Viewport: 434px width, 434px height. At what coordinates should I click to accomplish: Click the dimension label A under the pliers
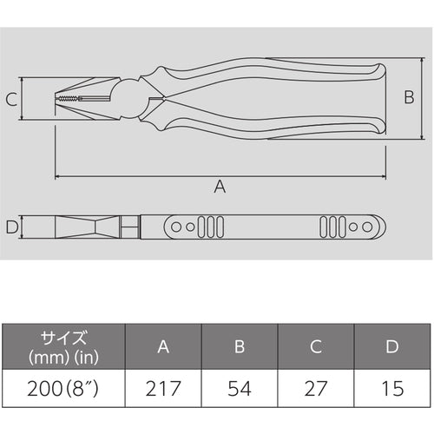click(x=220, y=187)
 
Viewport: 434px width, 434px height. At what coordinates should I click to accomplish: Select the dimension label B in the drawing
click(x=409, y=98)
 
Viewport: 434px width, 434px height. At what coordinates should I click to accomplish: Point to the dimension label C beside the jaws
click(x=11, y=100)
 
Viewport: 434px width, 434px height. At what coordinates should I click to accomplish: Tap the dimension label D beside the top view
click(x=11, y=228)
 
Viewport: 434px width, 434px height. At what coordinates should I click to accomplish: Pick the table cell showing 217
click(x=162, y=385)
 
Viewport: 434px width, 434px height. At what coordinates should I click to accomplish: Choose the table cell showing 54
click(x=240, y=385)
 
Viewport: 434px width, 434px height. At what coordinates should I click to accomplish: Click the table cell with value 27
click(x=316, y=385)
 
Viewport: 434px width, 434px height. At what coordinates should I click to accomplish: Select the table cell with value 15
click(x=392, y=385)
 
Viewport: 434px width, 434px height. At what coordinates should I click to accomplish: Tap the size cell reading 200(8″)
click(x=63, y=385)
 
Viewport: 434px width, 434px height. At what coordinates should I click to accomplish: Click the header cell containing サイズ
click(x=63, y=346)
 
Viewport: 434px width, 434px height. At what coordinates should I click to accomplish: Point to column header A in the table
click(x=162, y=346)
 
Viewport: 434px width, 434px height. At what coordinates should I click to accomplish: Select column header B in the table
click(x=240, y=346)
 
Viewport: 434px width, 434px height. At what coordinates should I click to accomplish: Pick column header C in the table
click(x=316, y=346)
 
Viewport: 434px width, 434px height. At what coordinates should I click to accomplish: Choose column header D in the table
click(x=392, y=346)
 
